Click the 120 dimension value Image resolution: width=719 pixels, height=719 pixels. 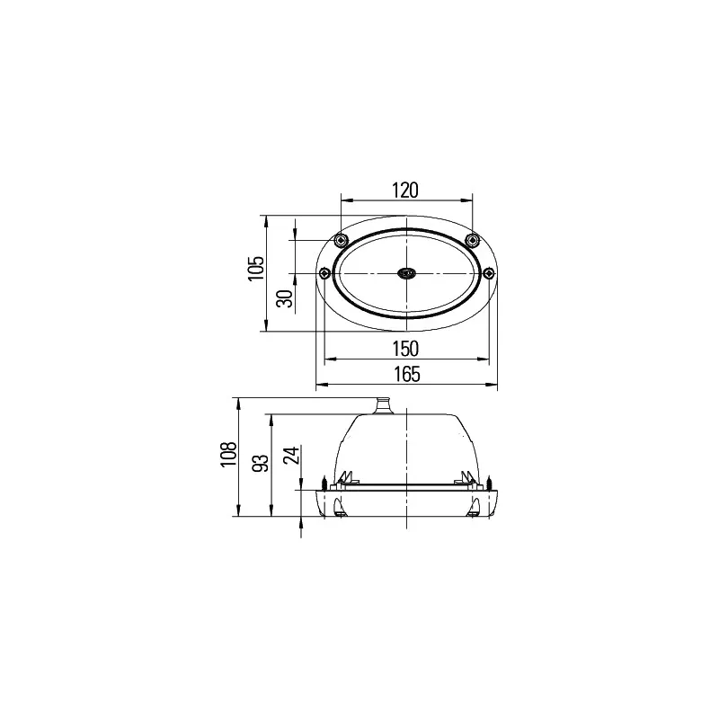[406, 190]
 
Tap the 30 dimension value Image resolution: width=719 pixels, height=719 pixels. [284, 298]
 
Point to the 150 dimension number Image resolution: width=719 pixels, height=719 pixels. [406, 349]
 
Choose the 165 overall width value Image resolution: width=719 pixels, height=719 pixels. [406, 377]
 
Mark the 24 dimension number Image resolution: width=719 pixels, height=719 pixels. [289, 457]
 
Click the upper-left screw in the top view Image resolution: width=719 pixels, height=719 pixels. [340, 240]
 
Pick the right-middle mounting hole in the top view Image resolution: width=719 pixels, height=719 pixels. [489, 272]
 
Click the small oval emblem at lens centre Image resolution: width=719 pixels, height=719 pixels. [406, 272]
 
